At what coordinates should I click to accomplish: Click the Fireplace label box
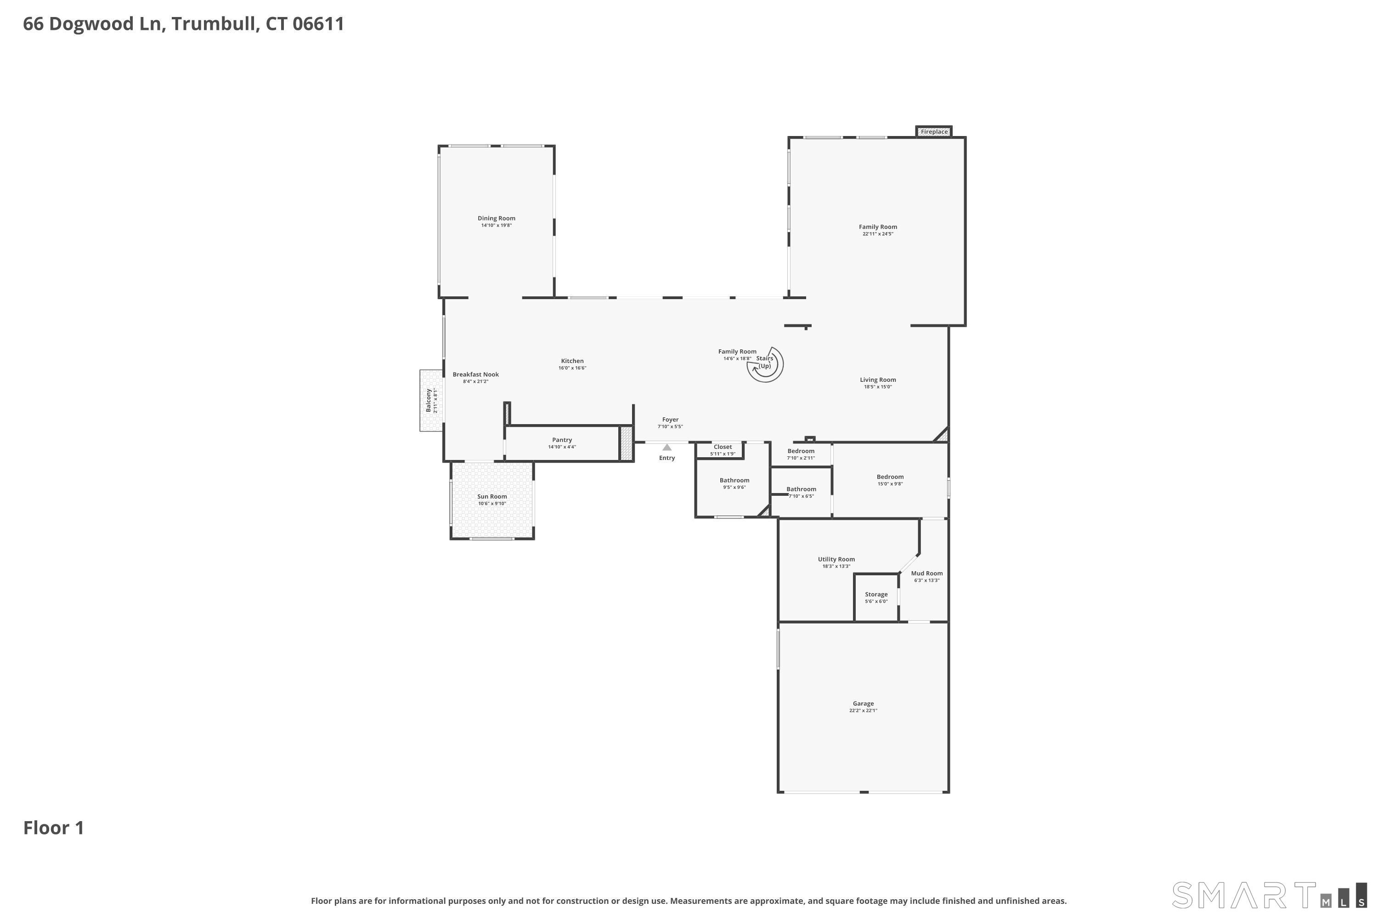[934, 132]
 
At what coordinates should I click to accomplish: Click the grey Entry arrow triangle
[667, 447]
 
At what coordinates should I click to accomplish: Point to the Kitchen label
[572, 361]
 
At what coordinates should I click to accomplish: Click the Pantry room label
[562, 440]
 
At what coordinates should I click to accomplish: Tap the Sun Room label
[492, 496]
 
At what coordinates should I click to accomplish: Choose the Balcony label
[428, 400]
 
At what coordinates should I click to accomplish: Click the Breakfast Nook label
[476, 374]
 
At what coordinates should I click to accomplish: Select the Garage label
[863, 703]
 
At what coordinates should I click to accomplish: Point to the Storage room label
[876, 594]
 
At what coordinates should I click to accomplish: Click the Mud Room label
[927, 573]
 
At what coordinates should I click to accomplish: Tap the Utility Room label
[836, 559]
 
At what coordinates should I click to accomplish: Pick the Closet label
[723, 447]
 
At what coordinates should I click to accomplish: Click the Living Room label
[878, 380]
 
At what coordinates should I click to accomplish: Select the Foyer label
[670, 420]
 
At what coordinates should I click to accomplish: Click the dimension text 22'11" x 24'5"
[878, 234]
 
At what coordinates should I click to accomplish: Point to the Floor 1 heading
[54, 828]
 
